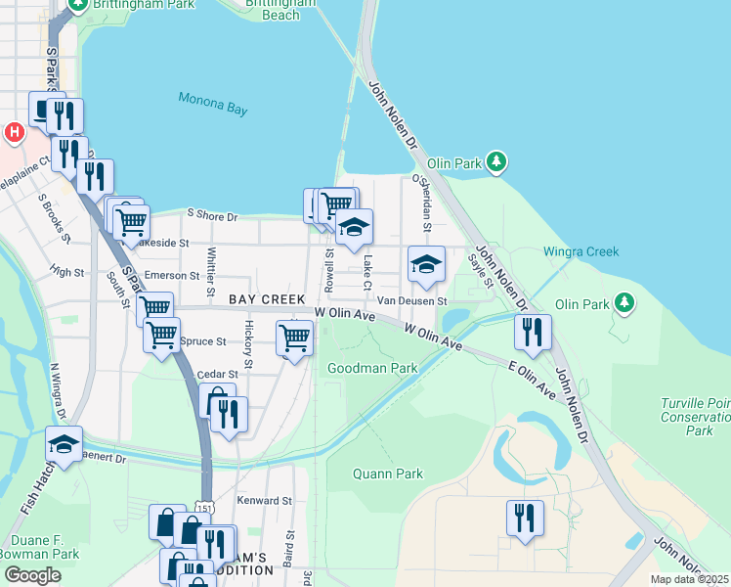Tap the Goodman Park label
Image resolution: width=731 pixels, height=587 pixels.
pos(372,369)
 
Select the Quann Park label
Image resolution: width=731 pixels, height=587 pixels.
pos(388,474)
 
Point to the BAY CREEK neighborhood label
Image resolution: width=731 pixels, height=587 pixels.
pos(267,298)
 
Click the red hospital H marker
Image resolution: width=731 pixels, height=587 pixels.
pos(14,131)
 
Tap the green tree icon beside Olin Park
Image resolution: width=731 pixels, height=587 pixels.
pos(497,159)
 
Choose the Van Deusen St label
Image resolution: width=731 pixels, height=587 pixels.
pos(412,301)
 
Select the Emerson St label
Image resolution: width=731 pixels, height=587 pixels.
pos(171,276)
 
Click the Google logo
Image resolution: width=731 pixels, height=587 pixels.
pos(32,575)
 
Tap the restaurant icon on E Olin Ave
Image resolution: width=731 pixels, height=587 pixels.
pos(533,332)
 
